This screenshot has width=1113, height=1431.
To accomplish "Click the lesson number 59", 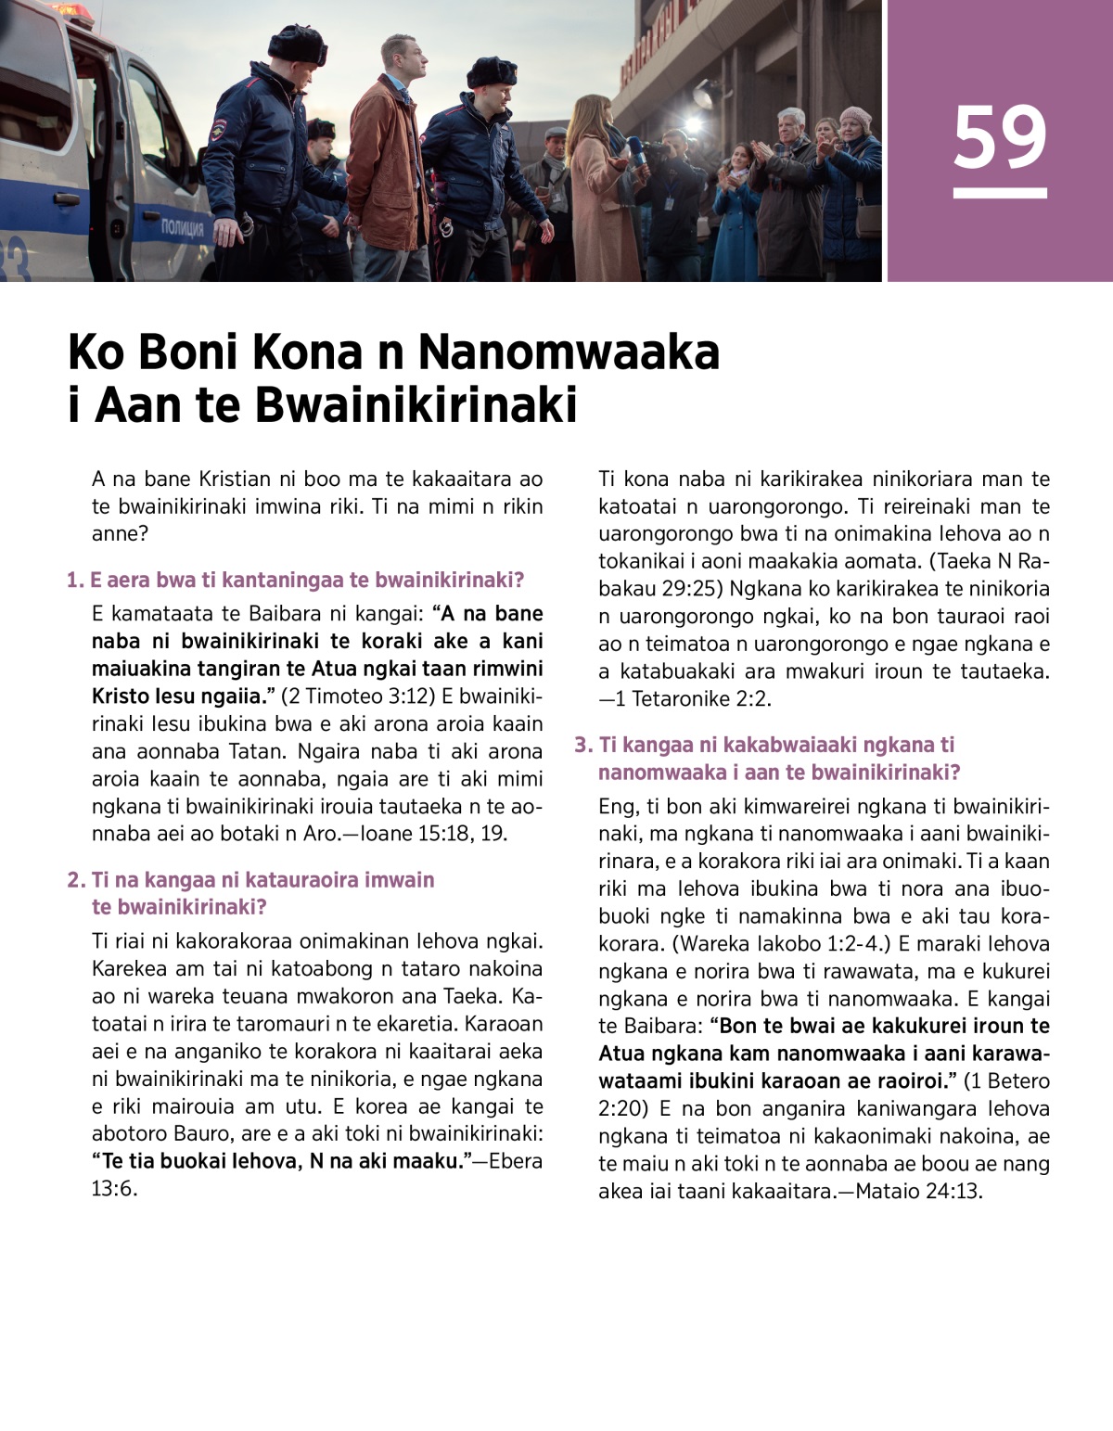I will [1000, 137].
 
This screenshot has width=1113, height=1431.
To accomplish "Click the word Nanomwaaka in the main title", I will [568, 352].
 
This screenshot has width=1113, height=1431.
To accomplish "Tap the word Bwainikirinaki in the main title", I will [415, 405].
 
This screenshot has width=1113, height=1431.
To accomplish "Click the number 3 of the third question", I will [582, 745].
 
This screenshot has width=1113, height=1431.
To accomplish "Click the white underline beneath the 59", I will [1000, 193].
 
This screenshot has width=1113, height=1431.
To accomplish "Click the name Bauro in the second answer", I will [200, 1133].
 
